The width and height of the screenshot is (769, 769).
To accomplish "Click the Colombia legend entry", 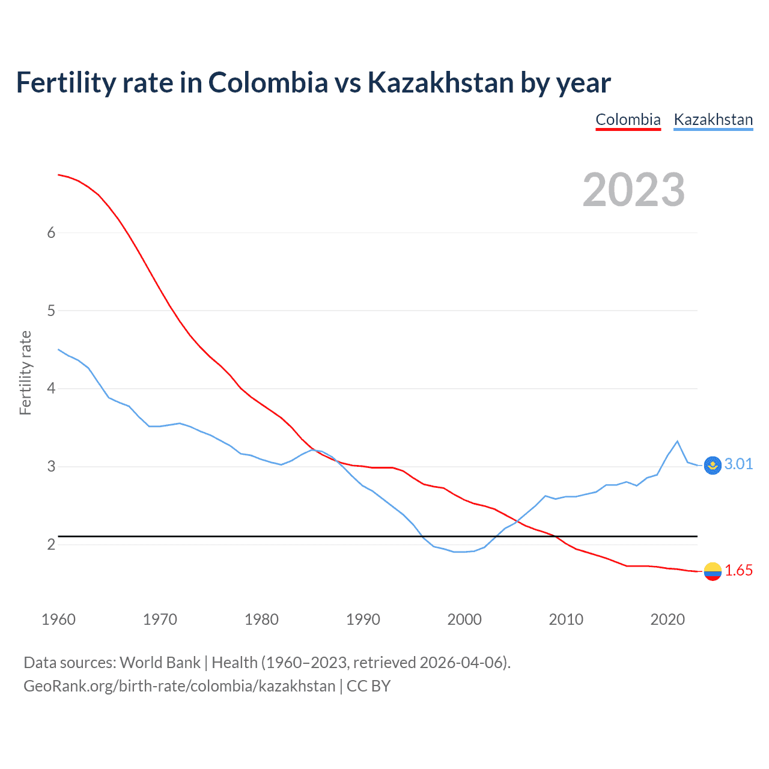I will (x=628, y=120).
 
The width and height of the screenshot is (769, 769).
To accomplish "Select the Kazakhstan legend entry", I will (x=713, y=120).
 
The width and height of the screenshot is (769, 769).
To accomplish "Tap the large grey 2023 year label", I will (x=634, y=190).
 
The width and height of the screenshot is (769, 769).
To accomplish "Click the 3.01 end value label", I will (x=738, y=464).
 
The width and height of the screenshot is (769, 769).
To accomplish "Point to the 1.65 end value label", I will (x=738, y=570).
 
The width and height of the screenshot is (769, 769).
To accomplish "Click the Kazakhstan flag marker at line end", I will (x=713, y=465).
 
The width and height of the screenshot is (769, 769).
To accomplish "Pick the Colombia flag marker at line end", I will (x=713, y=571).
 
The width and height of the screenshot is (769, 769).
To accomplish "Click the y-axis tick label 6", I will (x=51, y=233).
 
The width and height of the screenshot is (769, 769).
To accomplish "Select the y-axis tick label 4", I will (x=51, y=389).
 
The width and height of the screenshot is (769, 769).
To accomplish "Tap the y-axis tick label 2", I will (x=51, y=544).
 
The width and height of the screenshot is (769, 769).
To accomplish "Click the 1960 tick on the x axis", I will (x=58, y=619).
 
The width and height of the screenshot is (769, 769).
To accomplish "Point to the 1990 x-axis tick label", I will (x=363, y=619).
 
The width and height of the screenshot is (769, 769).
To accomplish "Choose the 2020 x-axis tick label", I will (x=667, y=619).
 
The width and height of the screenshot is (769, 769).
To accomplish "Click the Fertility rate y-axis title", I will (x=25, y=372).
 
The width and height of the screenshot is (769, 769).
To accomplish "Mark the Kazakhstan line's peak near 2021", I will (x=678, y=442).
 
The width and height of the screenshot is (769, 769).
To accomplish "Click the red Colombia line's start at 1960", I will (x=59, y=175).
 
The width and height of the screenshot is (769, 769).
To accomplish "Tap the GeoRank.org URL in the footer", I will (x=179, y=686).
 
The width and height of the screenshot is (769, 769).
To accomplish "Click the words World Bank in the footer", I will (x=160, y=663).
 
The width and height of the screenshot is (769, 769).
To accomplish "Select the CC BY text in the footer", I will (x=368, y=686).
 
